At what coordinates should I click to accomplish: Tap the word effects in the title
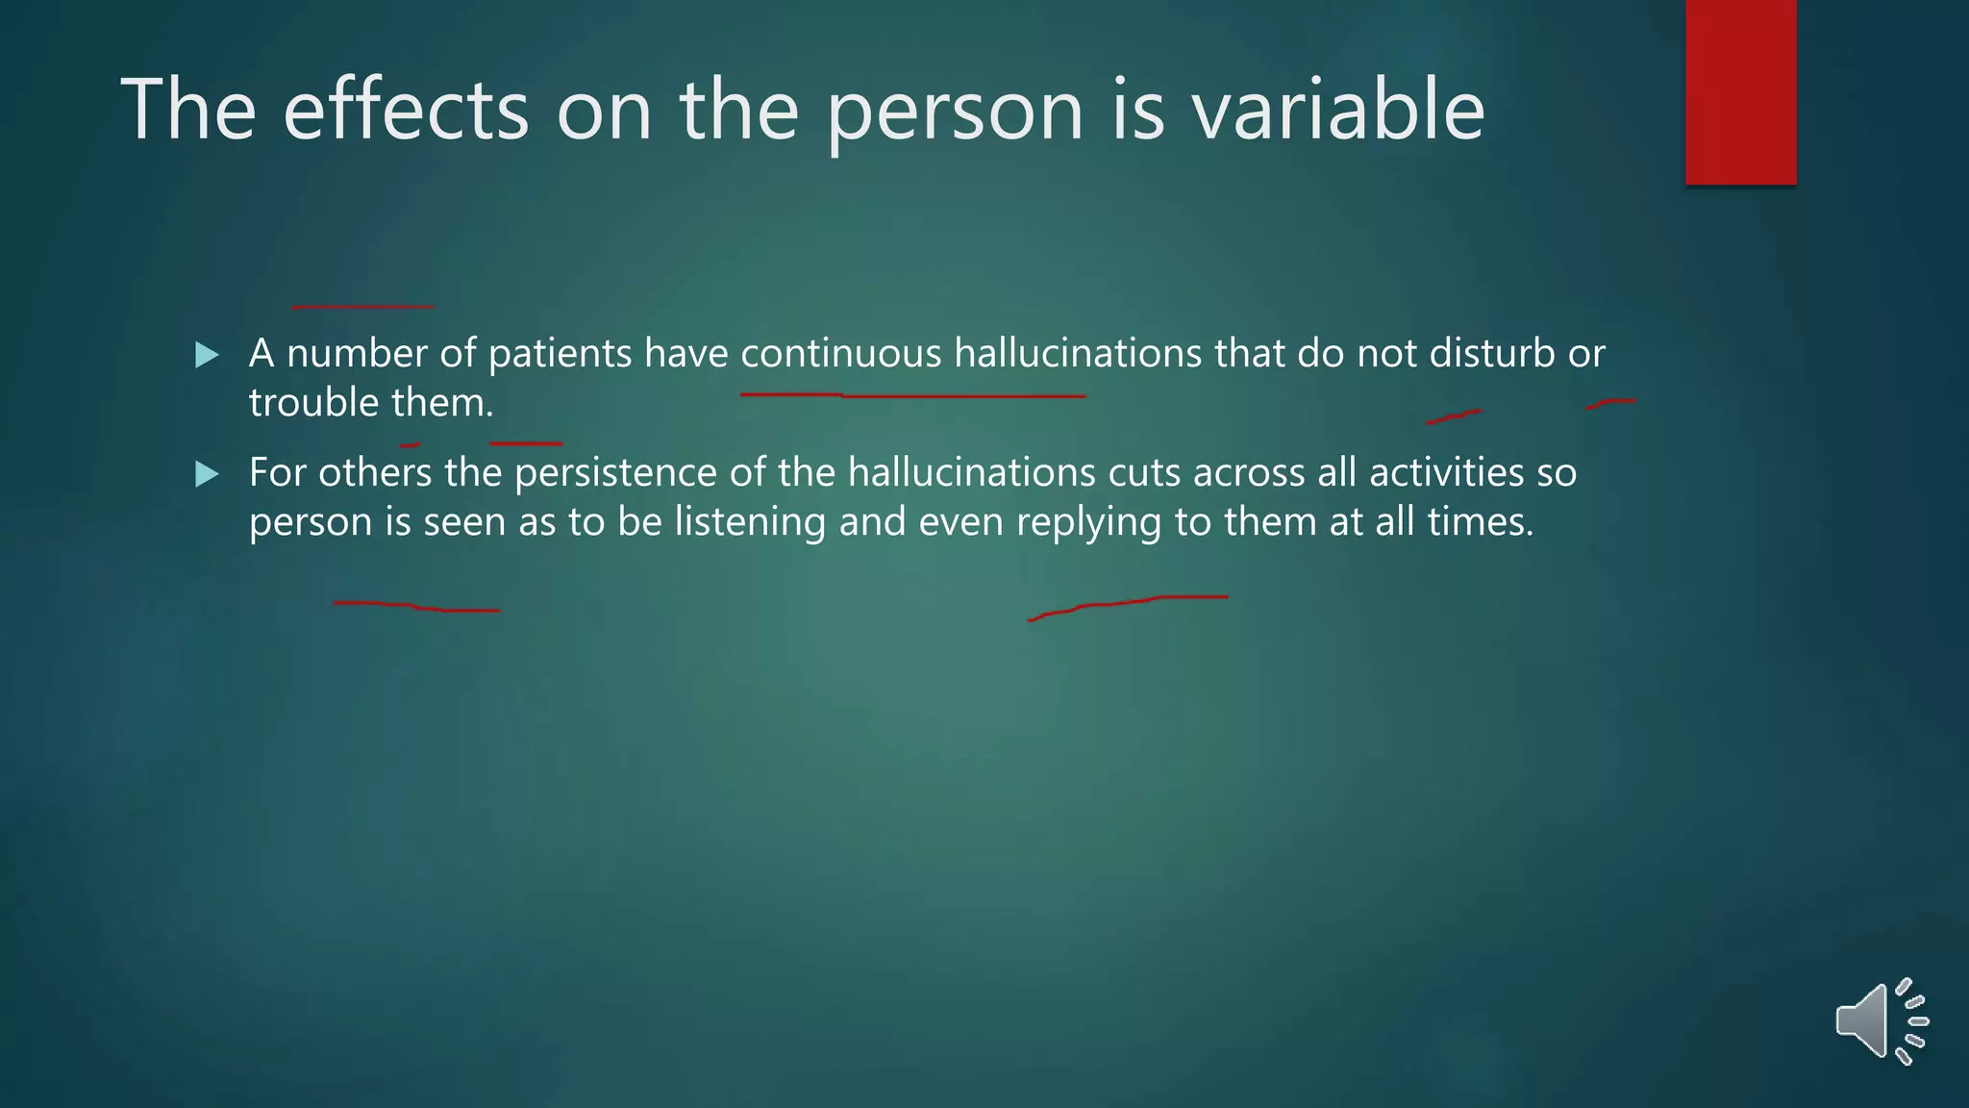point(406,110)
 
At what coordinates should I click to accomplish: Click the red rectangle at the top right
point(1740,92)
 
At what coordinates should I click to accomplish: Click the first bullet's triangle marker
point(207,355)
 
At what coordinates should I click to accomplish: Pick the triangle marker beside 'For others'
point(207,474)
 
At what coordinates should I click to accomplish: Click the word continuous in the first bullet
point(840,354)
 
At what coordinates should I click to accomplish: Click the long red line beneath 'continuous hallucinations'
point(913,395)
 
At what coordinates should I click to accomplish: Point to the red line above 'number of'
point(362,307)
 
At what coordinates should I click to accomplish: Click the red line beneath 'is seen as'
point(416,607)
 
